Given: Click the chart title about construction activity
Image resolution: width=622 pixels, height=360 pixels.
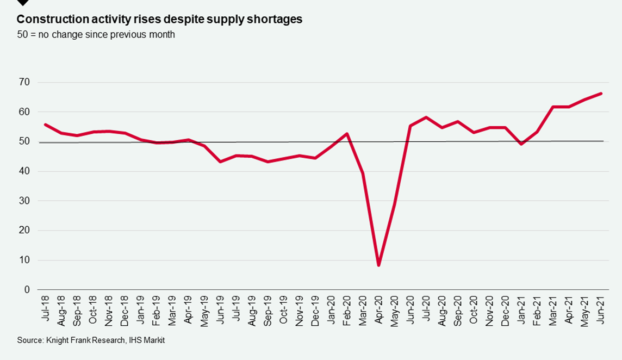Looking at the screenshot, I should coord(159,19).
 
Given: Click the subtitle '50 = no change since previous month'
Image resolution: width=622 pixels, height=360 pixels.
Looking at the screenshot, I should coord(96,35).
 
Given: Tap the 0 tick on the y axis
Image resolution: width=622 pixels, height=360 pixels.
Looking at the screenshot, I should coord(27,290).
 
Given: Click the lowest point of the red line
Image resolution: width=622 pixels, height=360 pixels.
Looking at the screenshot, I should coord(378,265).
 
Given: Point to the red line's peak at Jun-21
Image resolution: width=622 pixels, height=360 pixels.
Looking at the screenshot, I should coord(601,94).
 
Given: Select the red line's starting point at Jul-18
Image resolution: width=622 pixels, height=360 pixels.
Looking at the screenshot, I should coord(45,125).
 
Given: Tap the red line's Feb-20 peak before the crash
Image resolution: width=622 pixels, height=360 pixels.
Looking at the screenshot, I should coord(347,134).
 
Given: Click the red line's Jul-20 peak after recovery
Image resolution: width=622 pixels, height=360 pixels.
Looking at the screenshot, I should coord(426,117).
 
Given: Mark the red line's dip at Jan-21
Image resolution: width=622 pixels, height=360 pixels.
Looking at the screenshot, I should coord(522,144).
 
